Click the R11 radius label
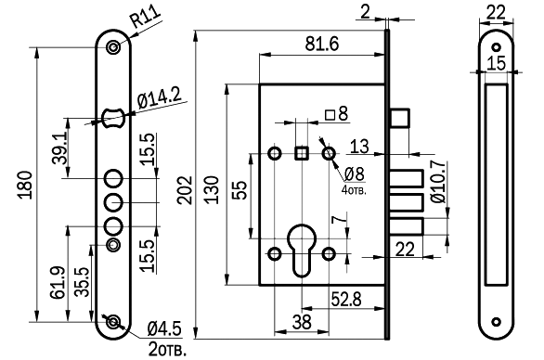tap(146, 17)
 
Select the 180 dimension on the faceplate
tap(25, 185)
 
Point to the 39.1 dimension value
tap(59, 149)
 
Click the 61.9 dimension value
tap(58, 283)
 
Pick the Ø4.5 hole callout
tap(164, 328)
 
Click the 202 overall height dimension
tap(184, 190)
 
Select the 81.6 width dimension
tap(321, 44)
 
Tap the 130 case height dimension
tap(212, 190)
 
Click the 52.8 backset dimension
tap(346, 299)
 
